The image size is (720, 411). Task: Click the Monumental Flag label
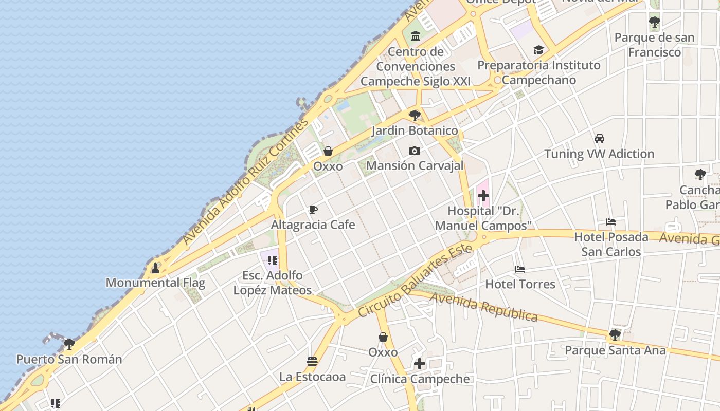(x=155, y=283)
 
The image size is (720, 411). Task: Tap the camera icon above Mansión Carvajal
(x=414, y=151)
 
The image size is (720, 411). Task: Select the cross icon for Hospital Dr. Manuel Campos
(x=483, y=196)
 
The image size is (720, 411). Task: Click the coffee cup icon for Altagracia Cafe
(x=313, y=210)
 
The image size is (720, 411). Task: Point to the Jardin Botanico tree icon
(x=415, y=115)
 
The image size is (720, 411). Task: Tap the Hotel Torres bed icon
(x=520, y=269)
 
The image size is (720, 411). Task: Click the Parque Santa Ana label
(x=615, y=350)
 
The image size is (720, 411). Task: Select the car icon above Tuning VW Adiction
(x=599, y=138)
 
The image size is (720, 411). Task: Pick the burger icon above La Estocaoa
(x=312, y=361)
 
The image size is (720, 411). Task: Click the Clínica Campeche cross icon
(x=420, y=364)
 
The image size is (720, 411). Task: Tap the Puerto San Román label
(x=69, y=359)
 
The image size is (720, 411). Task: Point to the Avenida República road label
(x=483, y=307)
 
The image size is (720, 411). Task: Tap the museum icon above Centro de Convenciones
(x=416, y=36)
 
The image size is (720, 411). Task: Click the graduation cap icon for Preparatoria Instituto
(x=538, y=50)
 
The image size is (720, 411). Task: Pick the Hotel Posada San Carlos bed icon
(x=611, y=222)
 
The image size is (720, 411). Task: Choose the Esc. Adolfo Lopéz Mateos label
(x=273, y=283)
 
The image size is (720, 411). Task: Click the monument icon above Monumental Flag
(x=155, y=268)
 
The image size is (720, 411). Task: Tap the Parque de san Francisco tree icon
(x=654, y=22)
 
